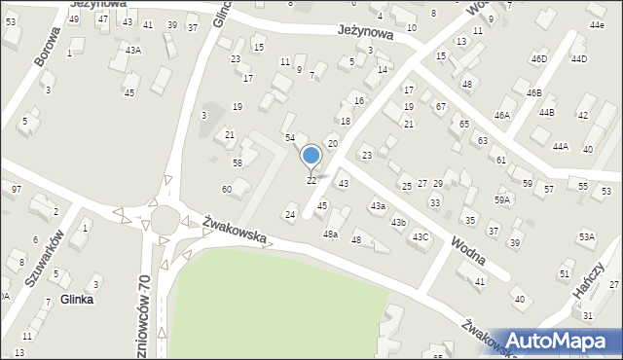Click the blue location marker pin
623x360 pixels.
tap(311, 156)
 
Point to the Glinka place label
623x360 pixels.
tap(75, 300)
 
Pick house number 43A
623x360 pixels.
tap(132, 50)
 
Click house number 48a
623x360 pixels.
tap(331, 235)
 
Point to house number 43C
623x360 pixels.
tap(420, 237)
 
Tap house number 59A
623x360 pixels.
tap(501, 199)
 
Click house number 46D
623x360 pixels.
tap(538, 59)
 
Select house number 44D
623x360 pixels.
tap(578, 59)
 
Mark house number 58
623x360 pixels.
tap(237, 162)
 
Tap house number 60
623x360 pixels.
tap(226, 189)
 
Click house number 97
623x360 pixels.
tap(16, 188)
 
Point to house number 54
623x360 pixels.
tap(289, 138)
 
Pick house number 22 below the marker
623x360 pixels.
tap(311, 181)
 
